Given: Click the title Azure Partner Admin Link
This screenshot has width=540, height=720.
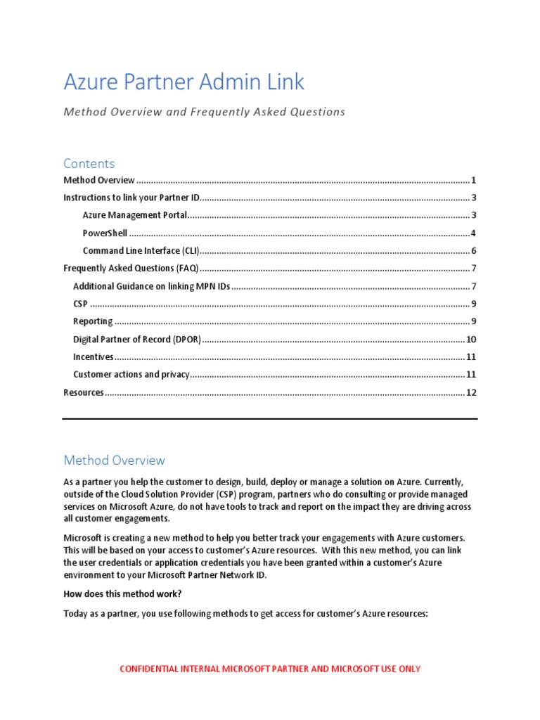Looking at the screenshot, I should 184,82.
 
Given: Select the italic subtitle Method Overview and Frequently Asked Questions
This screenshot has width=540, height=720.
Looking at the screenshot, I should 204,112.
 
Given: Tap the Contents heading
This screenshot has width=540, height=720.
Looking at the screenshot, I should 89,164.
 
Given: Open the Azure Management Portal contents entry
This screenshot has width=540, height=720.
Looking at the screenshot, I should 135,216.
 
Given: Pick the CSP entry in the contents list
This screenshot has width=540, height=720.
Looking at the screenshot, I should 80,304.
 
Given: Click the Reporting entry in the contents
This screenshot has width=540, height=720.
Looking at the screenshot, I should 93,321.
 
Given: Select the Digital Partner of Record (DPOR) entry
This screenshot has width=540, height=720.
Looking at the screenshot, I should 137,340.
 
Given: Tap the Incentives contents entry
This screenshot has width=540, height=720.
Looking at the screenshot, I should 94,357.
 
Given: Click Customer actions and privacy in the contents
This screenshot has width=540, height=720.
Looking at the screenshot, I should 131,375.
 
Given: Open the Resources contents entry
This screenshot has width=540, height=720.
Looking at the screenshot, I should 84,392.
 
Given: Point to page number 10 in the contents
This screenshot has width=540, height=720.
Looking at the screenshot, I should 472,340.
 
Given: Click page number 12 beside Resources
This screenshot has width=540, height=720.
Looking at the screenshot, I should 472,392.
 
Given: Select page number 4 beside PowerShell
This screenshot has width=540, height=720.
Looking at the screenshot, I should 474,233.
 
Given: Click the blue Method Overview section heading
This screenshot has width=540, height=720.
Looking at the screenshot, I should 114,461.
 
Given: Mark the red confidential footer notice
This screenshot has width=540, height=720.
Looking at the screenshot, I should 270,669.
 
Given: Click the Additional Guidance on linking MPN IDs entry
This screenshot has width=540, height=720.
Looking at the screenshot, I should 151,286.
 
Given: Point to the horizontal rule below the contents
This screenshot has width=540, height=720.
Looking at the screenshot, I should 270,419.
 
